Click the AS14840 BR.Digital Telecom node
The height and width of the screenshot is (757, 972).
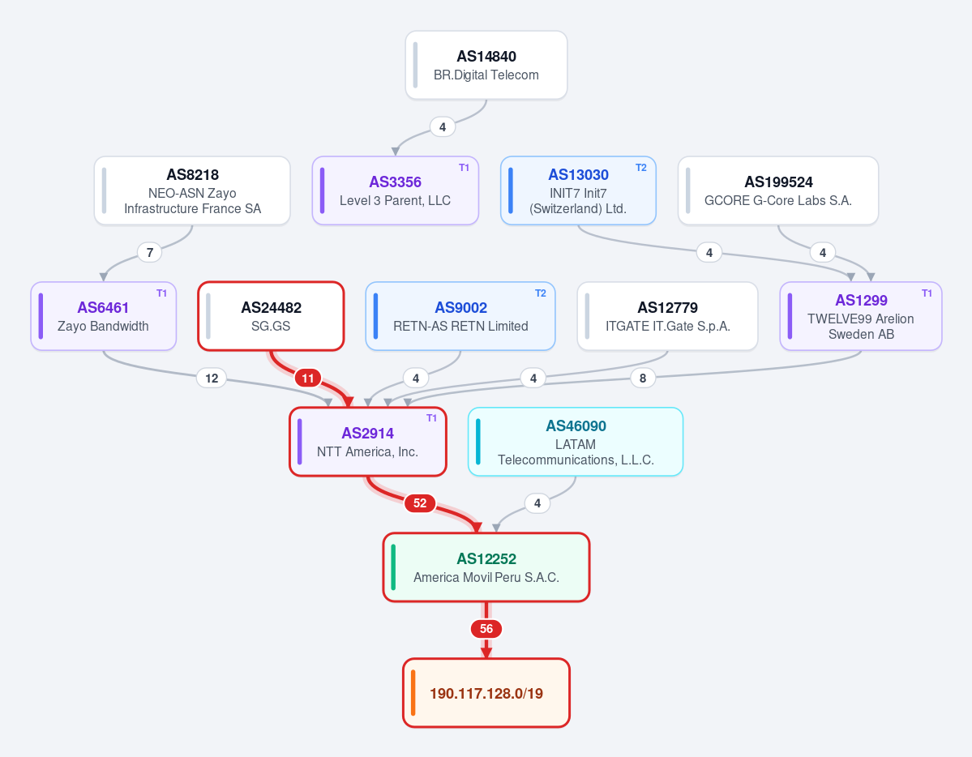pyautogui.click(x=486, y=65)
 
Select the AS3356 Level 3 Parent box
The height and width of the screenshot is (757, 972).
pyautogui.click(x=396, y=190)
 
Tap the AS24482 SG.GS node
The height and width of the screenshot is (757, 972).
pyautogui.click(x=271, y=316)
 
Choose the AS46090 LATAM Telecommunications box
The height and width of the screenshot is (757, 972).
pyautogui.click(x=576, y=442)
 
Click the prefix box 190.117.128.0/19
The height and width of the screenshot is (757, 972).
pyautogui.click(x=486, y=692)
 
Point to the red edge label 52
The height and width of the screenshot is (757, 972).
pyautogui.click(x=420, y=503)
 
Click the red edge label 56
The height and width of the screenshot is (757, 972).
pyautogui.click(x=486, y=629)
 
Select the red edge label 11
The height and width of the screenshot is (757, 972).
pyautogui.click(x=307, y=378)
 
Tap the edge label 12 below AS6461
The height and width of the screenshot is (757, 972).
pyautogui.click(x=212, y=378)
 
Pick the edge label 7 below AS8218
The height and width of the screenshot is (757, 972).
pyautogui.click(x=149, y=252)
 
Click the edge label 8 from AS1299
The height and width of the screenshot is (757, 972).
pyautogui.click(x=643, y=378)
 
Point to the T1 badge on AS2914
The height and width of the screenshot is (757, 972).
pyautogui.click(x=431, y=418)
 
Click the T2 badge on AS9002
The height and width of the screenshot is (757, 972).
pyautogui.click(x=541, y=293)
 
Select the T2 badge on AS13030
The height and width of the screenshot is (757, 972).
pyautogui.click(x=641, y=168)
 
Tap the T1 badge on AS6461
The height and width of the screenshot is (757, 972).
pyautogui.click(x=162, y=293)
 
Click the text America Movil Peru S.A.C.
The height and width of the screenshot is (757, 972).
pyautogui.click(x=486, y=577)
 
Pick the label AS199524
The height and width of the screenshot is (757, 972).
pyautogui.click(x=778, y=182)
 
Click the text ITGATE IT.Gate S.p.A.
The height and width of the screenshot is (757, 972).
pyautogui.click(x=668, y=326)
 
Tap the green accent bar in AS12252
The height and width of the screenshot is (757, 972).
pyautogui.click(x=394, y=567)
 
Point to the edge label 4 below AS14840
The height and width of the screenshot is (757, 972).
pyautogui.click(x=443, y=127)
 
